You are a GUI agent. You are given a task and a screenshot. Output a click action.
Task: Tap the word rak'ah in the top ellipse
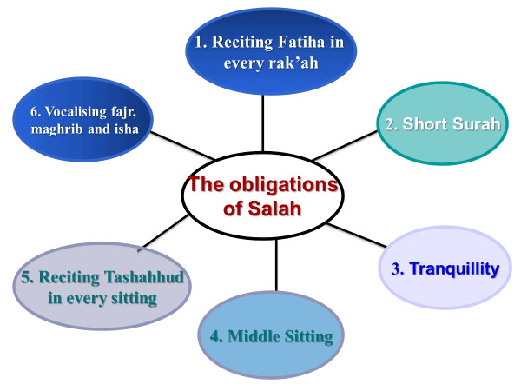tap(286, 63)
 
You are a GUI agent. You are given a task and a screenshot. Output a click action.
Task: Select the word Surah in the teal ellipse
tap(476, 123)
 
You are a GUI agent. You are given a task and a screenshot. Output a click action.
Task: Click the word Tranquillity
tap(454, 268)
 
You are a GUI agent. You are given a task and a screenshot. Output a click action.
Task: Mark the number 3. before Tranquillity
tap(398, 269)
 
